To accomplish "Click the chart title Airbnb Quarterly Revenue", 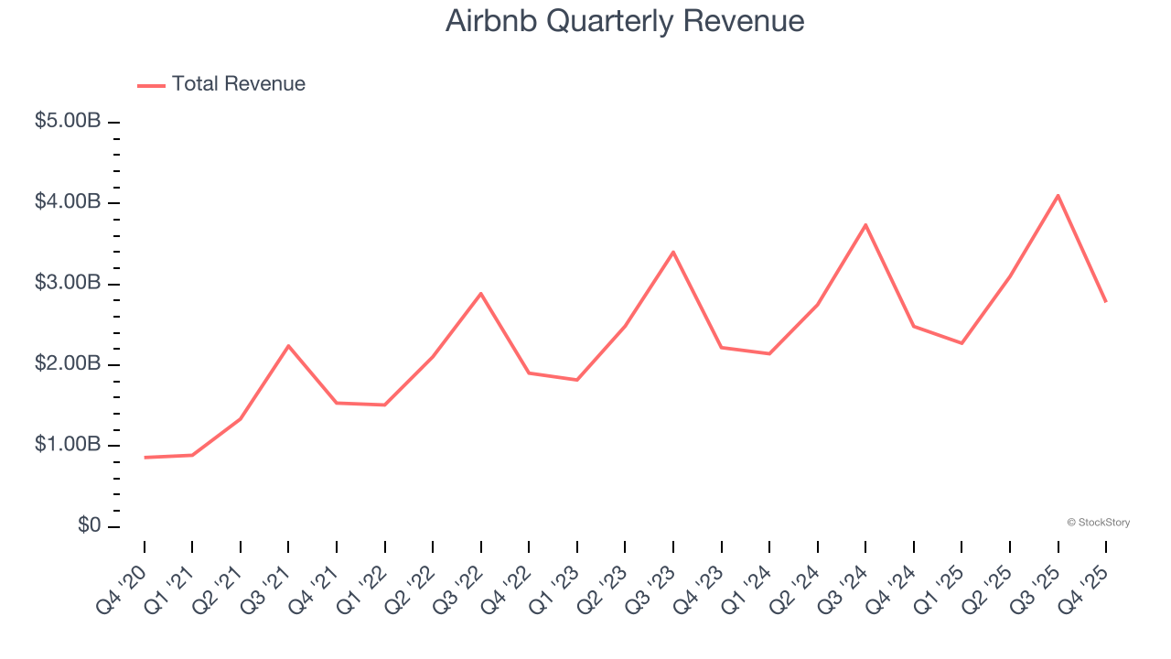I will (625, 21).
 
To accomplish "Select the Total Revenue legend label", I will (238, 84).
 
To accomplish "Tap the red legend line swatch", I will (151, 85).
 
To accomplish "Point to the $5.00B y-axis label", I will (67, 121).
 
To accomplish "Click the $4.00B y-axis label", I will (67, 201).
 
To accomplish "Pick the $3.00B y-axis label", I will (67, 283).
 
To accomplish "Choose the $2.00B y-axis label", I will (67, 363).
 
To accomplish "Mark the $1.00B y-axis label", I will (67, 445).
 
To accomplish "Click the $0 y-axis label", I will (88, 525).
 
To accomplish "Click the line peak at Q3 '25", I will (1058, 195).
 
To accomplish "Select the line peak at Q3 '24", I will (865, 224).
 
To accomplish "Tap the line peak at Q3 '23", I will (673, 252).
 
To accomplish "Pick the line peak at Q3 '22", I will (481, 293).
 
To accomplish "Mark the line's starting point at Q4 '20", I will (145, 457).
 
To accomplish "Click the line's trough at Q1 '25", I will (962, 343).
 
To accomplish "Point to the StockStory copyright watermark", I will (1098, 523).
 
